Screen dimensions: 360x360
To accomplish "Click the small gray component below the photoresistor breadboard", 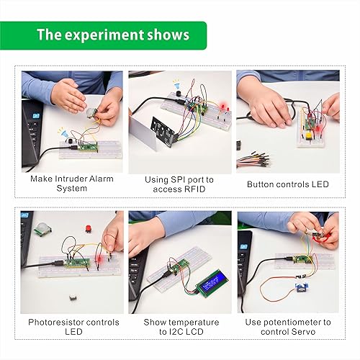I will coord(72,297).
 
